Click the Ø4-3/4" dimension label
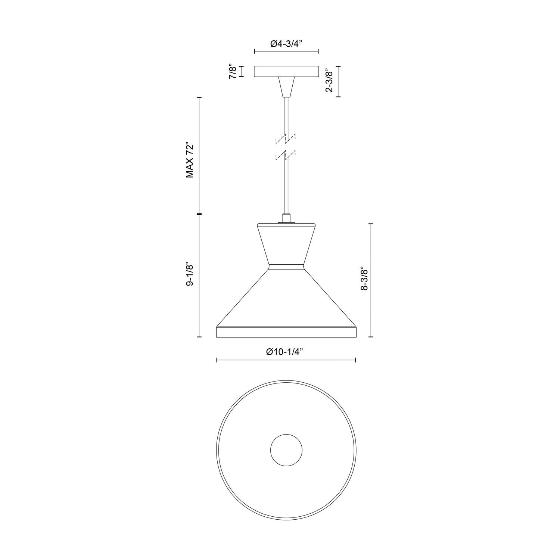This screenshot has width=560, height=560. click(286, 44)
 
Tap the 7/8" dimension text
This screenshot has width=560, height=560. click(233, 71)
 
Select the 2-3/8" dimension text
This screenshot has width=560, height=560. click(329, 80)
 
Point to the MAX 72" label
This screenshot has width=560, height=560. click(190, 160)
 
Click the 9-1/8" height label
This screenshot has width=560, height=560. click(190, 275)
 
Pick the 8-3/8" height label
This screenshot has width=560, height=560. click(364, 278)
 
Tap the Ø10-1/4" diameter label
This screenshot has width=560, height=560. click(286, 351)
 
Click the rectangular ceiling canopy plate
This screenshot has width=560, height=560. click(286, 72)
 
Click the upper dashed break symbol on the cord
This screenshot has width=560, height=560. click(286, 139)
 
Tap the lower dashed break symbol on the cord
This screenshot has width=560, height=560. click(286, 155)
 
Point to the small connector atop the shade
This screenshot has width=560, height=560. click(286, 218)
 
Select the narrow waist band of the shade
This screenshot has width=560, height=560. click(286, 267)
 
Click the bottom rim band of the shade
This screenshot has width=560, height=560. click(286, 332)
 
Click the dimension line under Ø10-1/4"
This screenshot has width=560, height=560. click(286, 360)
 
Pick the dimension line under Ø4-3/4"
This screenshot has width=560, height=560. click(286, 52)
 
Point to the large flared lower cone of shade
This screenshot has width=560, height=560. click(286, 299)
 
